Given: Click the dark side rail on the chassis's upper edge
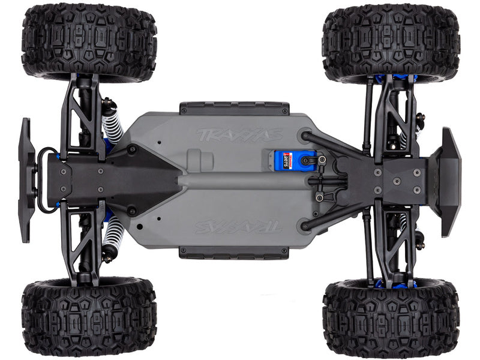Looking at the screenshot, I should [234, 108].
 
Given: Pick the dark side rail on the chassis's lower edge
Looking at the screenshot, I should [234, 253].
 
